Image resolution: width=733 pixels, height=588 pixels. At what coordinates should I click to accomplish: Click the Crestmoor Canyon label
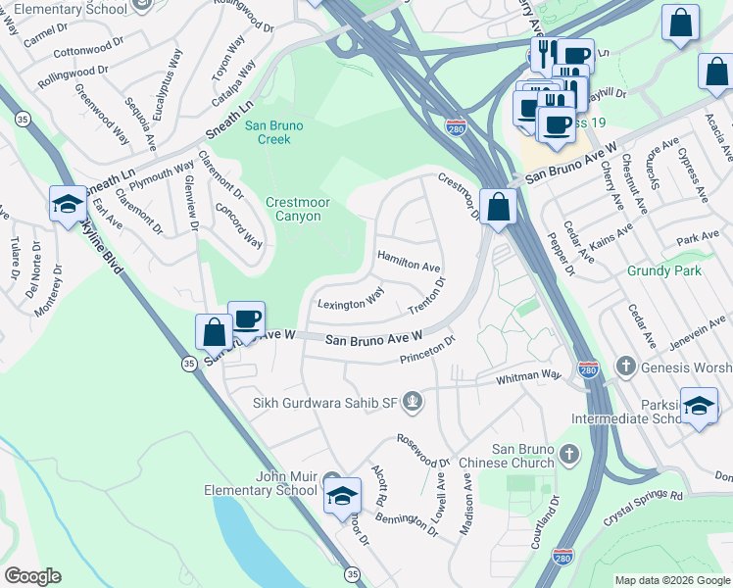(293, 209)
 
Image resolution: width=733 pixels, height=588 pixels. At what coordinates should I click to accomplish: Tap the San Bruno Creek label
(274, 132)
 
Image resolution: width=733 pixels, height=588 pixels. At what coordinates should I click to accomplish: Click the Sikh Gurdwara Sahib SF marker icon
(415, 400)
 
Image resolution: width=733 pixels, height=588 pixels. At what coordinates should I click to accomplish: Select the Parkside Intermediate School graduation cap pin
(699, 406)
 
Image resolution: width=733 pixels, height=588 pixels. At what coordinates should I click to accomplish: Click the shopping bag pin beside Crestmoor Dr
(499, 207)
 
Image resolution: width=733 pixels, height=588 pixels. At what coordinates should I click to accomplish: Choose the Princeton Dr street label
(428, 352)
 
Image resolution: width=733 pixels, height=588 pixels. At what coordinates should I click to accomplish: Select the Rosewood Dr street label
(423, 450)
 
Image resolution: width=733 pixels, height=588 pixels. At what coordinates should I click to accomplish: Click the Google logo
(32, 576)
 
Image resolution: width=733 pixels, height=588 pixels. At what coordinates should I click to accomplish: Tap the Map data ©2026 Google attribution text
(672, 580)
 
